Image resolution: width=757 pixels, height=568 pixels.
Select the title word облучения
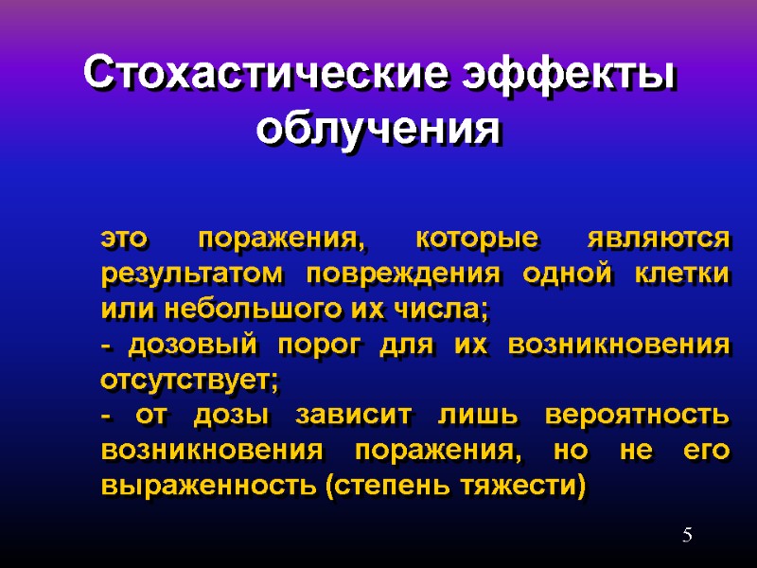(378, 127)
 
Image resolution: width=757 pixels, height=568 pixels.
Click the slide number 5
(688, 537)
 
